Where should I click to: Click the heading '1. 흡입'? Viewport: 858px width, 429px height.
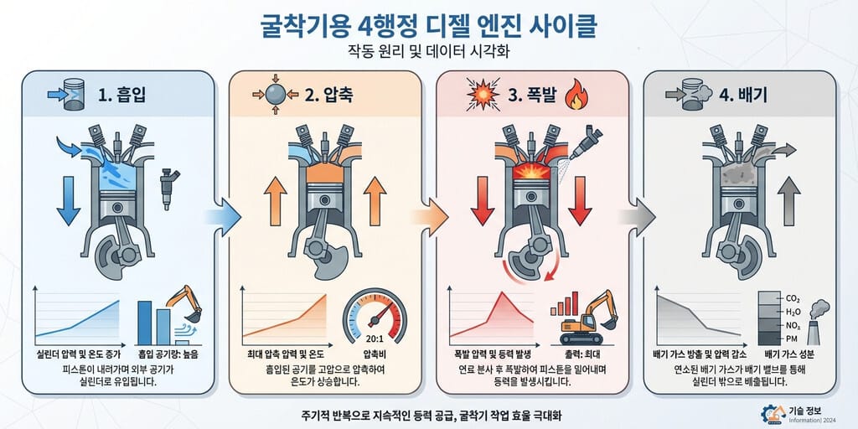tap(121, 94)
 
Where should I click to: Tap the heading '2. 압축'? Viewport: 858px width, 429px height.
tap(328, 94)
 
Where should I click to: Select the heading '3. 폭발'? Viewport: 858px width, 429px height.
tap(532, 94)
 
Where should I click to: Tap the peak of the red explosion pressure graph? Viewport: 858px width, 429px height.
tap(501, 292)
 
